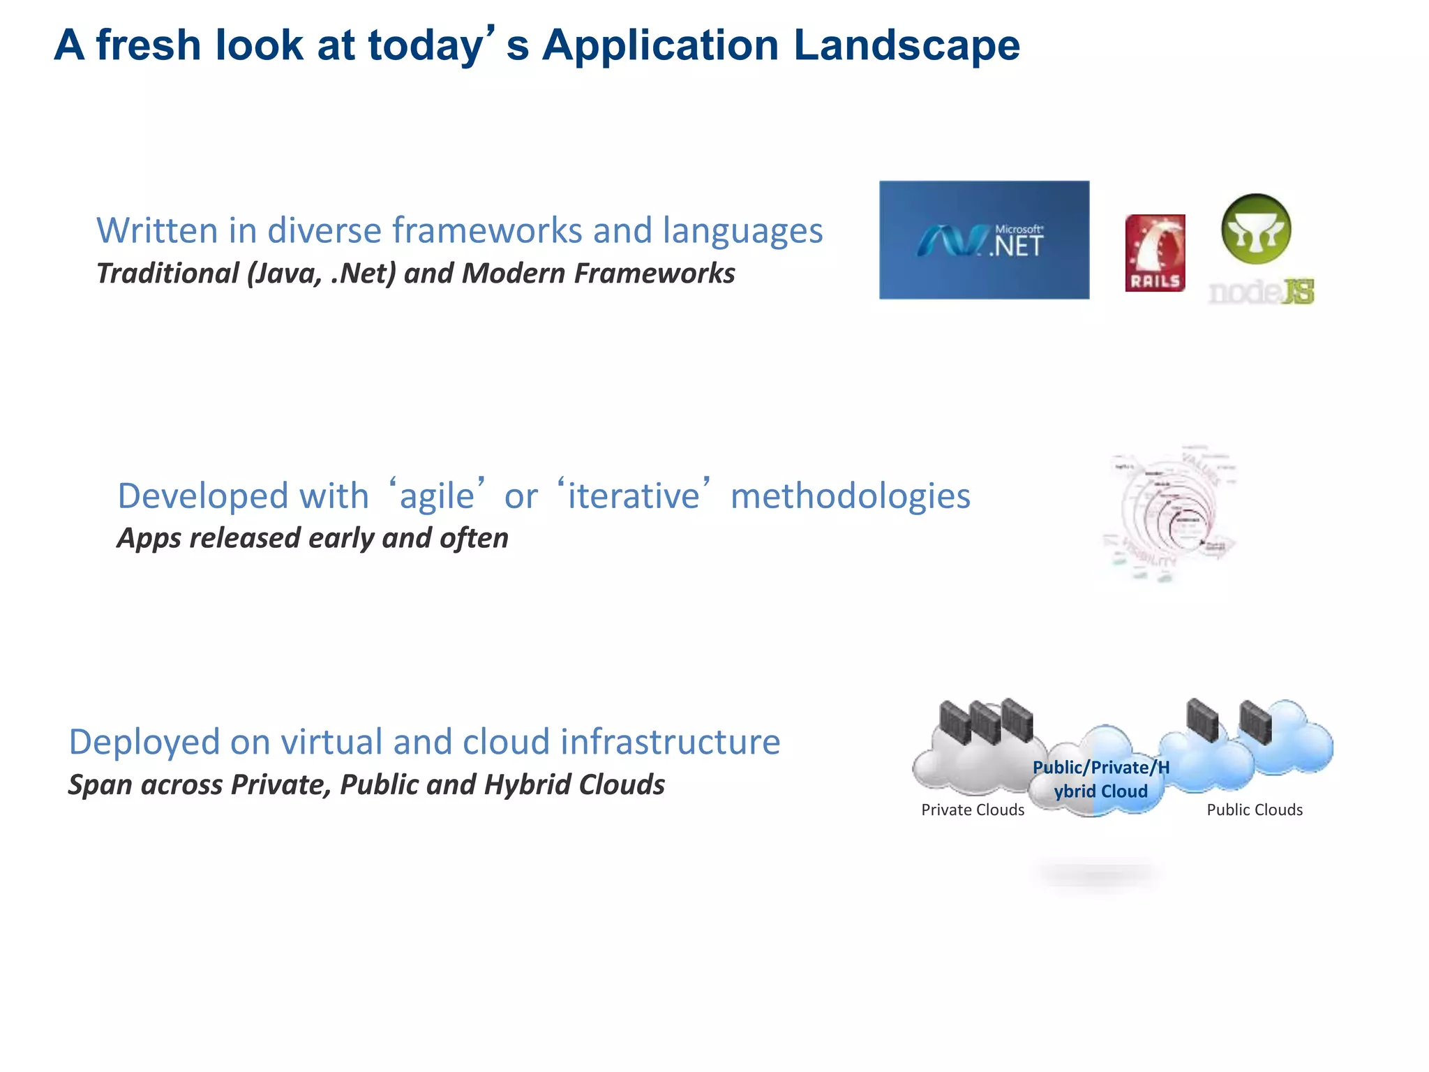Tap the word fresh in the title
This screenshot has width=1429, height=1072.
click(x=148, y=45)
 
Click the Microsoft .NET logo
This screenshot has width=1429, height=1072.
click(x=984, y=240)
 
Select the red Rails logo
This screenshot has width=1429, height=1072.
click(x=1155, y=253)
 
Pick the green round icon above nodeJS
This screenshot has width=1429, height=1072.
click(x=1256, y=229)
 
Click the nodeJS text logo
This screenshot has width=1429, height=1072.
click(x=1261, y=292)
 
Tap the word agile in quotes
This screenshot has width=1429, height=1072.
click(x=436, y=496)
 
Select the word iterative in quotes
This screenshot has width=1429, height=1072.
click(x=633, y=496)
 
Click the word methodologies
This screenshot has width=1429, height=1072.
click(x=850, y=496)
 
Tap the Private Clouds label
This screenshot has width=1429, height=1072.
click(x=973, y=810)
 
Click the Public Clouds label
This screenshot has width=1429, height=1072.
click(x=1255, y=810)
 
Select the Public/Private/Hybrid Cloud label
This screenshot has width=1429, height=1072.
click(x=1100, y=780)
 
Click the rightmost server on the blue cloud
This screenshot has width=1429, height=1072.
click(x=1255, y=722)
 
